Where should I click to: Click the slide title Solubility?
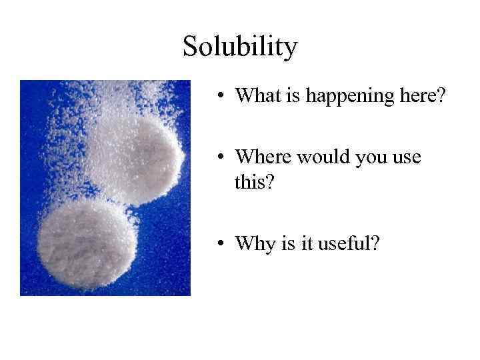tap(240, 47)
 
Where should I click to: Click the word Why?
tap(252, 244)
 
